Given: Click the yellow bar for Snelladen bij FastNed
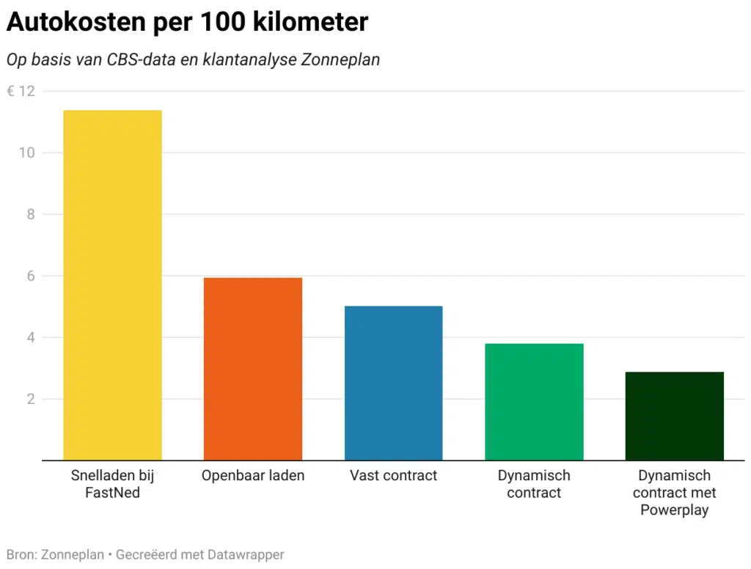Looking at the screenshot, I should [112, 285].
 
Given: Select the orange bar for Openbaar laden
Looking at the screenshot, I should [253, 369].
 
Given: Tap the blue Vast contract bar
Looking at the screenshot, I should [394, 383].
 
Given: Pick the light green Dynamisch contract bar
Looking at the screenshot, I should [534, 402].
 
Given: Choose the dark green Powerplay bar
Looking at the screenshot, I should [674, 416].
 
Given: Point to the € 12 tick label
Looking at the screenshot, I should [21, 92].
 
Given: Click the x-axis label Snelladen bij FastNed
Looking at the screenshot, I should [112, 484].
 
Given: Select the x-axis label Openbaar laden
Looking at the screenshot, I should [253, 476].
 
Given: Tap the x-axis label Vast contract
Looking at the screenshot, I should [394, 476].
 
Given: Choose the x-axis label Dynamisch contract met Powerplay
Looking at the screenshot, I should [674, 493].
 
